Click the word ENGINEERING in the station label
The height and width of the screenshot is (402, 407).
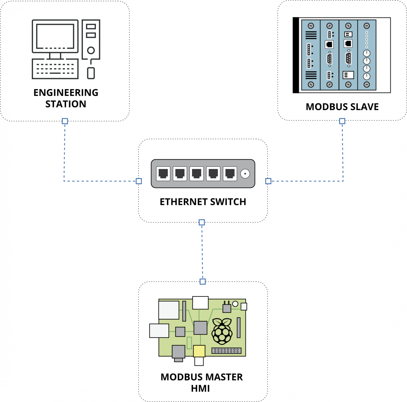coord(66,93)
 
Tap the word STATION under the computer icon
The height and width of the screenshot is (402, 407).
coord(66,104)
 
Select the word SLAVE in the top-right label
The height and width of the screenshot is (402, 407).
coord(365,107)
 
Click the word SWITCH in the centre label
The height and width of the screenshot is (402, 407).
coord(228,202)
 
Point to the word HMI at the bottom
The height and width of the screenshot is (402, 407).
coord(200,388)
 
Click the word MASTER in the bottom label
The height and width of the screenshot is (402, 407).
coord(222,377)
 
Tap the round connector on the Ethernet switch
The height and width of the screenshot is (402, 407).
coord(245,174)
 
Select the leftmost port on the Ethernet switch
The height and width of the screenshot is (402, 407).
coord(163,174)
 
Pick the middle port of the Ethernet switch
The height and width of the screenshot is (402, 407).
coord(196,174)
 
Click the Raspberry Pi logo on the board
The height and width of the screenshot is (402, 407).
coord(222,331)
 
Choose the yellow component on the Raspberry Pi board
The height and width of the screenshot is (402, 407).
coord(199,351)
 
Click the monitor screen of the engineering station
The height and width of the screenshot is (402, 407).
coord(55,36)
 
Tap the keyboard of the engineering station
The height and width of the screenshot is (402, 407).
coord(55,69)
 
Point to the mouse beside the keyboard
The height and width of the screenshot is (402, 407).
coord(91,73)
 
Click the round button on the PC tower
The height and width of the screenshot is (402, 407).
coord(91,51)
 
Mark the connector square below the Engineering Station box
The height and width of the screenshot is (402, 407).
coord(65,121)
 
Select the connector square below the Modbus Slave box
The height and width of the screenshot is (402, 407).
coord(342,121)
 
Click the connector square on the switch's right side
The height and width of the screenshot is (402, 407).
coord(268,181)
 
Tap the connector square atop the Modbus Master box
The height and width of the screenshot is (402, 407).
coord(202,282)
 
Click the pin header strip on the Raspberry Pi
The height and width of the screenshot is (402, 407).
coord(227,351)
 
